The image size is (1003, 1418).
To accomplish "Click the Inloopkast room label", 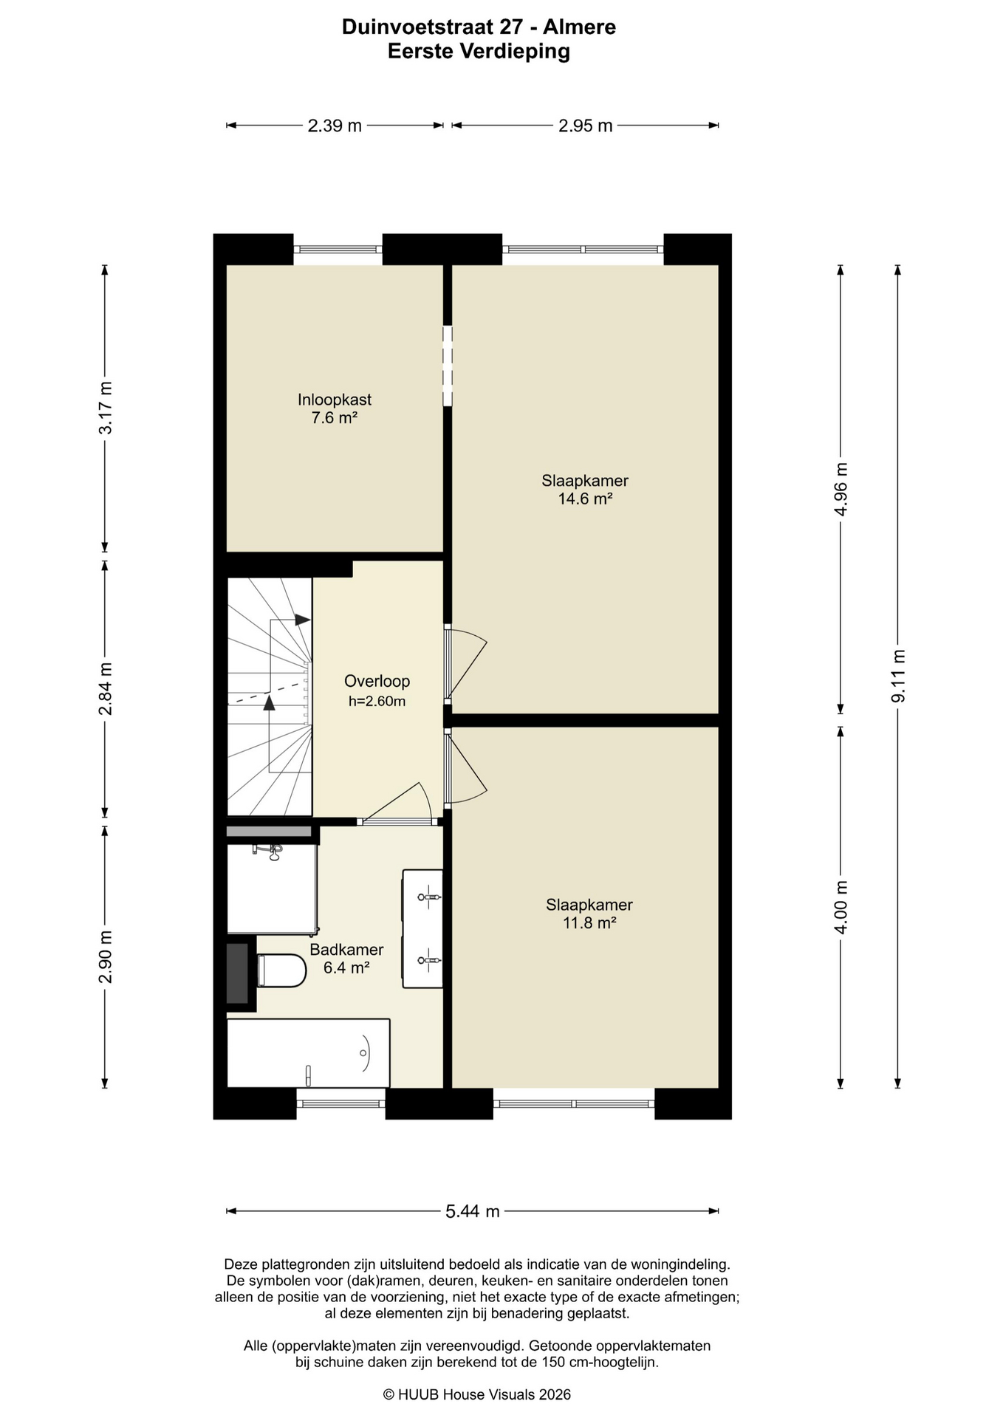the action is [x=335, y=400].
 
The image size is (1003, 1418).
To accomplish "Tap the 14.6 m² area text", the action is [x=585, y=499].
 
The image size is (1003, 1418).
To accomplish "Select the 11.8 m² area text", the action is [x=589, y=922].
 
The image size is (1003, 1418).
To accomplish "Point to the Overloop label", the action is [x=377, y=681].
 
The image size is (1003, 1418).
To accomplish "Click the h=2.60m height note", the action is [x=377, y=701].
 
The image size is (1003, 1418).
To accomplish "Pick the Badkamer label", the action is [x=346, y=950].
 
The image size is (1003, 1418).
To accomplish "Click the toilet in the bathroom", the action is [x=281, y=970].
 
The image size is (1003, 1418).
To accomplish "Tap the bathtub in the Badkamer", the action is [x=308, y=1053].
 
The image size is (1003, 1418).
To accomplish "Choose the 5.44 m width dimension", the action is [x=473, y=1211].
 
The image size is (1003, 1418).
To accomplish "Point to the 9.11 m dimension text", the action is [x=898, y=676].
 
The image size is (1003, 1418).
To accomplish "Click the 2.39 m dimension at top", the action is [x=335, y=126].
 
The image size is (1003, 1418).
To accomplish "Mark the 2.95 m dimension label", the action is [x=585, y=126].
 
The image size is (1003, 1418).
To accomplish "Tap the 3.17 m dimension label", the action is [x=105, y=408].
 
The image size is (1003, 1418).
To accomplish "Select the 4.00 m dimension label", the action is [x=841, y=907].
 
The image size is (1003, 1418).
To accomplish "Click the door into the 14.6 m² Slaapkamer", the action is [x=465, y=663].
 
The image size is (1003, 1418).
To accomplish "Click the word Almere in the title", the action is [x=579, y=27].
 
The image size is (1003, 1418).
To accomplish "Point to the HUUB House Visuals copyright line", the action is [x=477, y=1394].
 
